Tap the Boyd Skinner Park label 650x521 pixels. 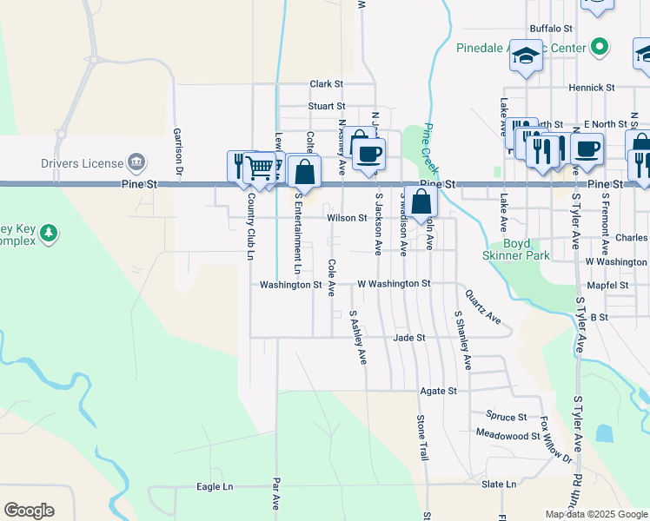(x=516, y=250)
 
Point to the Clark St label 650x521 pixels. (x=327, y=84)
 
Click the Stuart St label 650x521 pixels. (x=327, y=106)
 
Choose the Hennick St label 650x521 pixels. (x=592, y=88)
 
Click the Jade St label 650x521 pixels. (x=408, y=337)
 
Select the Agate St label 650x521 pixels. (x=438, y=391)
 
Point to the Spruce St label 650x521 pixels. (x=507, y=417)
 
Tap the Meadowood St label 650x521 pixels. (x=508, y=433)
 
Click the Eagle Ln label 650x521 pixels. (x=215, y=487)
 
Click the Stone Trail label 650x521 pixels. (x=422, y=436)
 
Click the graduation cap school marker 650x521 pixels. (x=526, y=57)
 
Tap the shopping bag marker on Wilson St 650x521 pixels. (x=421, y=202)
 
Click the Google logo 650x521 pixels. (x=29, y=511)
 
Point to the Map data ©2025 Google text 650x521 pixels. (x=595, y=514)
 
